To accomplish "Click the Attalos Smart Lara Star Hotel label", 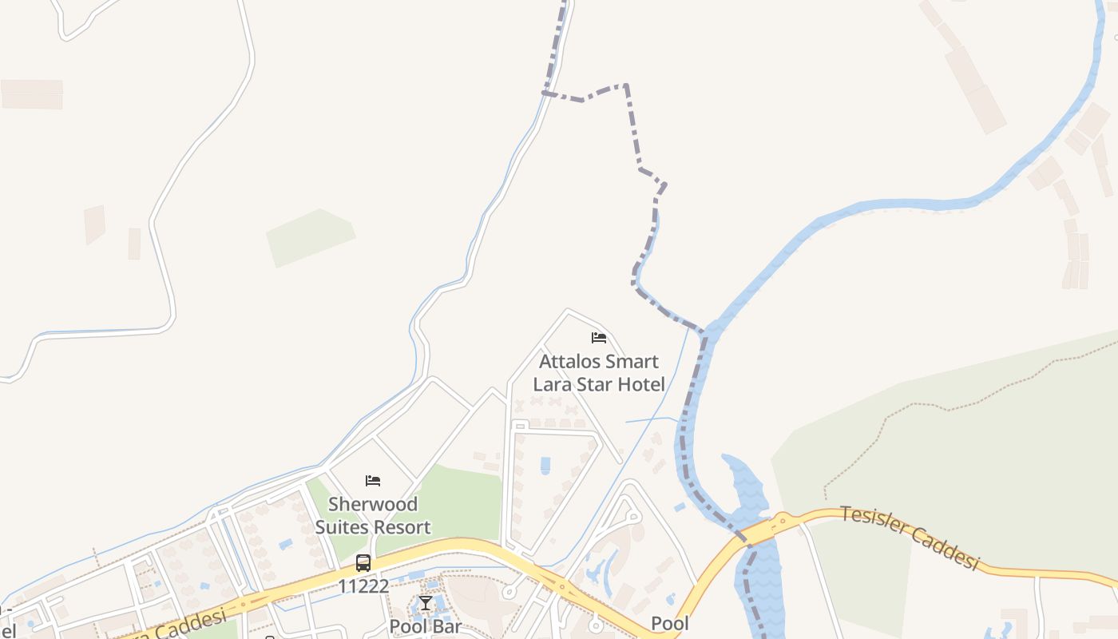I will [x=599, y=373].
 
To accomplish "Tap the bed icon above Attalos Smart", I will [x=599, y=338].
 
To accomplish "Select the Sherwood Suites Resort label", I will [x=373, y=516].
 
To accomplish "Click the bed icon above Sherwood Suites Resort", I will [x=373, y=481].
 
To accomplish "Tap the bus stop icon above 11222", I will [x=363, y=563].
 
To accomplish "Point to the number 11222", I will [x=363, y=587].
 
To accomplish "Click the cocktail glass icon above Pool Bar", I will [x=426, y=603].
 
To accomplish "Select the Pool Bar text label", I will [x=426, y=626].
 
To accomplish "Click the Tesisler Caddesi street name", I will [x=910, y=538].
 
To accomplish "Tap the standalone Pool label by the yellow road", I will [x=669, y=624].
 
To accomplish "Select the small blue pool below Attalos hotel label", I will [x=545, y=465].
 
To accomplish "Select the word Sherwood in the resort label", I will [x=373, y=505].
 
